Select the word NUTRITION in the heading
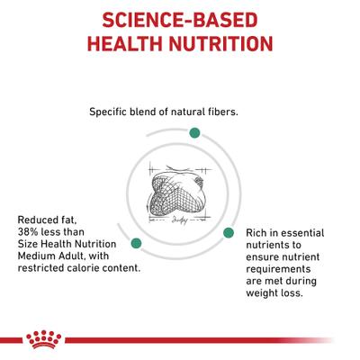[x=225, y=44]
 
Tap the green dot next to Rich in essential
[x=229, y=231]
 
